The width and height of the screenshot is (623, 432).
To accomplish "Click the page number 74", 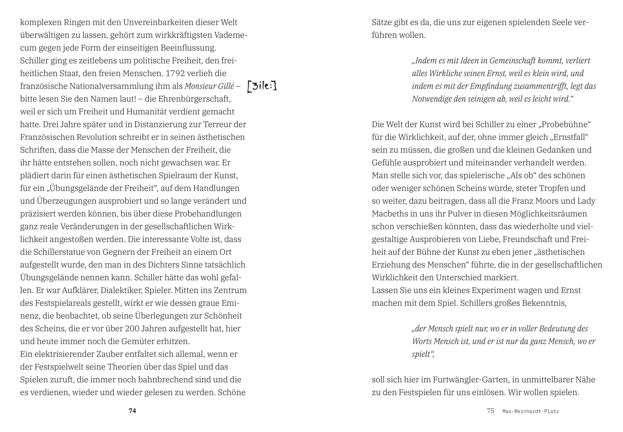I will [132, 411].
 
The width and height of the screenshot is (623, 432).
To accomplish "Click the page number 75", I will [490, 411].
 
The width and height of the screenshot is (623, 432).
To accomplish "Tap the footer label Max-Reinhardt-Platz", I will [531, 411].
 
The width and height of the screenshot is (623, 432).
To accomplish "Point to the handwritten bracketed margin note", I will [262, 86].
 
